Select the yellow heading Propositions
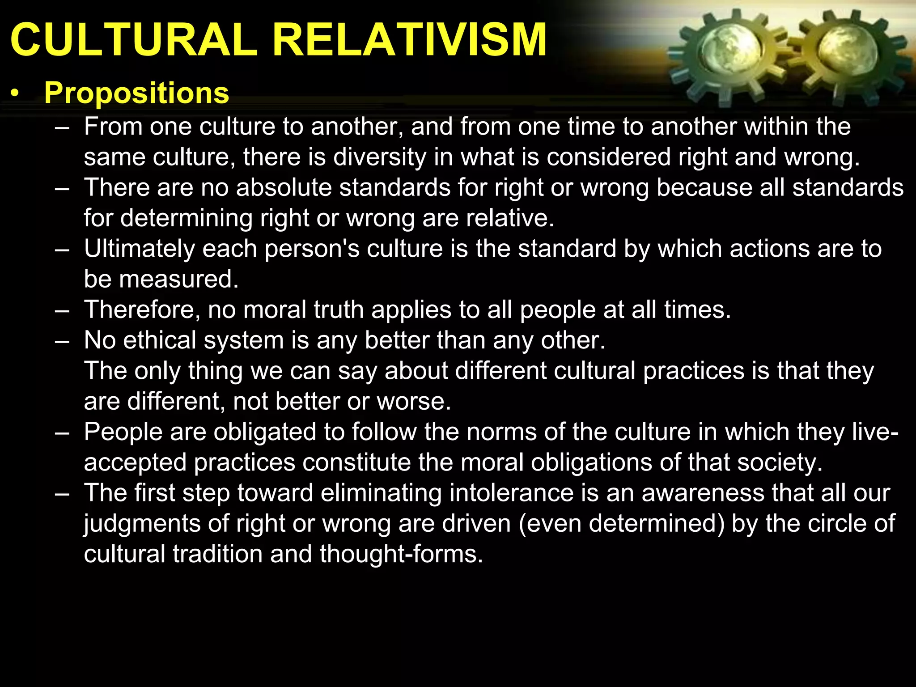(x=136, y=93)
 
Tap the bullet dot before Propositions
(x=16, y=94)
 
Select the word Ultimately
(x=139, y=249)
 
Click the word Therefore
(x=142, y=310)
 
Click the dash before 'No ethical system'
(x=62, y=341)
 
